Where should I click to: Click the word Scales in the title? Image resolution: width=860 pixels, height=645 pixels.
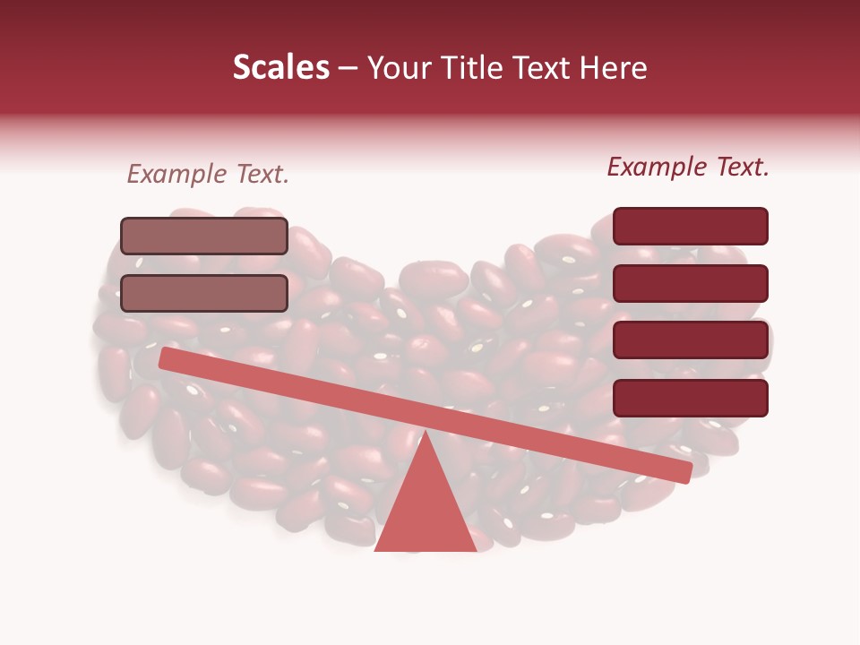coord(280,68)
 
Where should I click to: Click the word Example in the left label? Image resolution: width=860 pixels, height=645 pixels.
coord(179,175)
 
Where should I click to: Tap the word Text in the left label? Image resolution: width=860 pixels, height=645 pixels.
coord(262,175)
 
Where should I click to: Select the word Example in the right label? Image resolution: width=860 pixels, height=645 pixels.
coord(659,167)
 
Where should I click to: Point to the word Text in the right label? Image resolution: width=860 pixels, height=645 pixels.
coord(742,167)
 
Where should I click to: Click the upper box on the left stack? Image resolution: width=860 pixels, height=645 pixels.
coord(204,236)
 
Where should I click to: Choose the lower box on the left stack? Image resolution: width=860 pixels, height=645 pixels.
coord(204,293)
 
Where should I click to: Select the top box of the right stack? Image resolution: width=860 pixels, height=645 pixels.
coord(690,226)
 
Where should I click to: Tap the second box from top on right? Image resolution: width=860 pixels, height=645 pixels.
coord(690,283)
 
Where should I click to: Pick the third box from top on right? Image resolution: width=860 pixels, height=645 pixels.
coord(690,340)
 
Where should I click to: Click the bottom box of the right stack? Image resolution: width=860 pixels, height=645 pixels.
coord(690,398)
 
